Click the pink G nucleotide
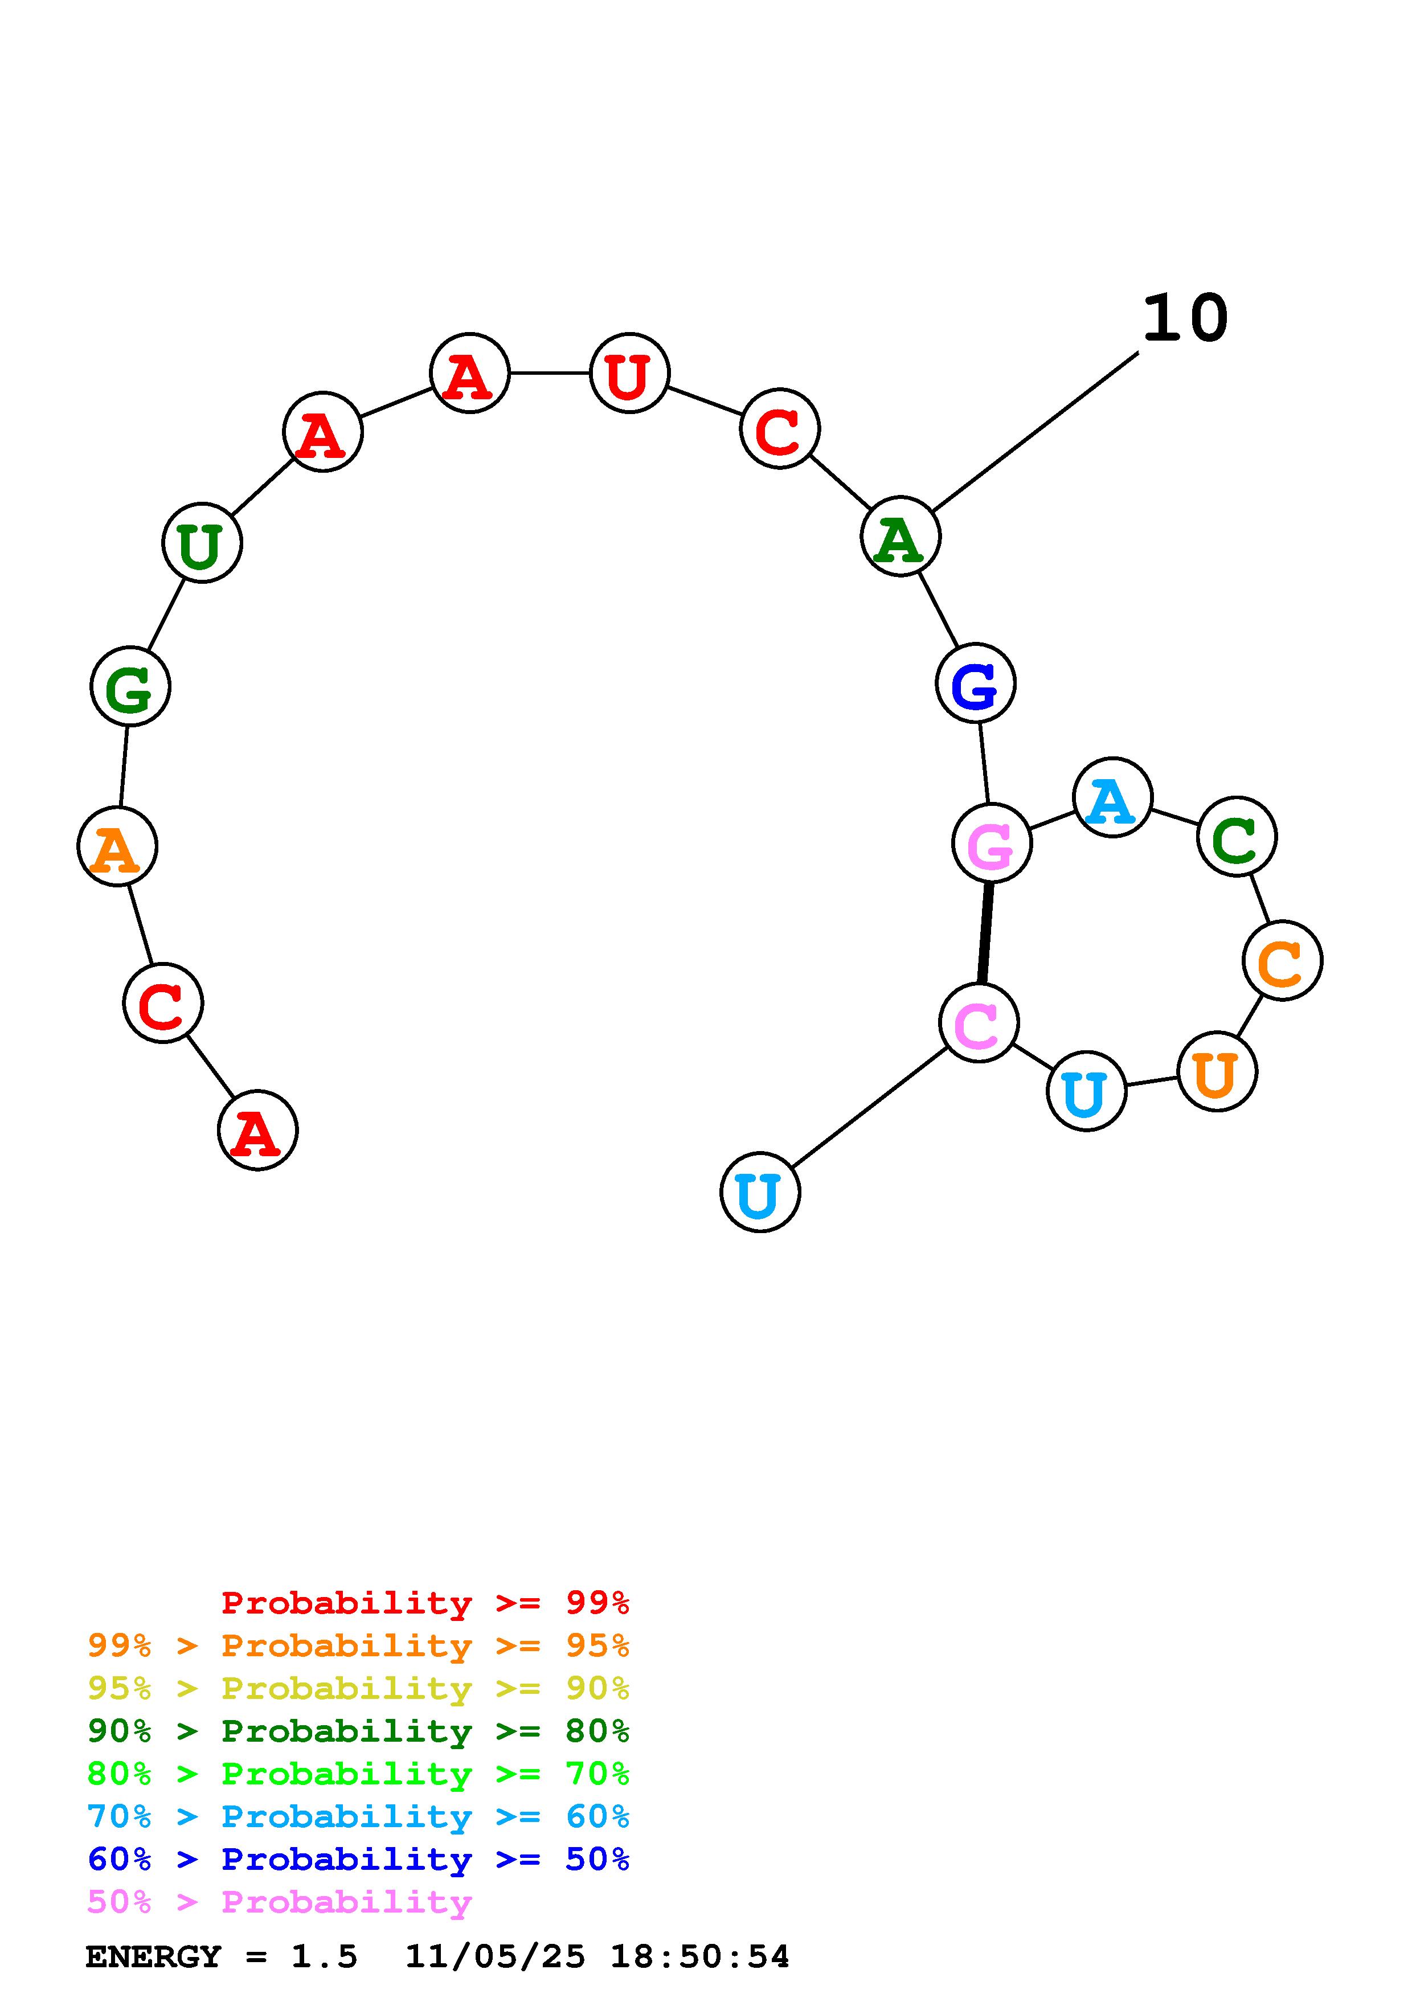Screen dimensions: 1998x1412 click(x=991, y=844)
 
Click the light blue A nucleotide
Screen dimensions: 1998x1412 click(x=1112, y=797)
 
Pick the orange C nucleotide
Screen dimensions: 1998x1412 click(x=1282, y=961)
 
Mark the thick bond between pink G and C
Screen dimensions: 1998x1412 click(x=985, y=933)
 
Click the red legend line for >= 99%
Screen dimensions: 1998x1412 click(x=424, y=1602)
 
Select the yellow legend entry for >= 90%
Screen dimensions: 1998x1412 click(x=358, y=1688)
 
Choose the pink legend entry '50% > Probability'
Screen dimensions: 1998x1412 click(x=279, y=1901)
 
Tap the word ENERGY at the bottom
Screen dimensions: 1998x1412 click(x=153, y=1956)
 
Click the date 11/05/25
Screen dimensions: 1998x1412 click(x=495, y=1956)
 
